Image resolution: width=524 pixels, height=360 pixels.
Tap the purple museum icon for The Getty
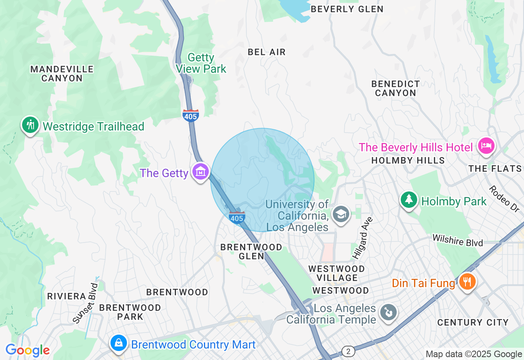[x=201, y=172]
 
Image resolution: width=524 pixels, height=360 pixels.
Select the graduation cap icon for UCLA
[x=340, y=214]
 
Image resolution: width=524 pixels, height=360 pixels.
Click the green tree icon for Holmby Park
[x=409, y=200]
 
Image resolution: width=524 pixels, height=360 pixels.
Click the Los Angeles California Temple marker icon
[x=387, y=313]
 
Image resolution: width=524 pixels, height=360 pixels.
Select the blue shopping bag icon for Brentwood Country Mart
[x=119, y=342]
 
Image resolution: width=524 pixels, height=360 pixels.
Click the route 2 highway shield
[x=348, y=351]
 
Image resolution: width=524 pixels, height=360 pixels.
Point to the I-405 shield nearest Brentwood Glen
[x=237, y=218]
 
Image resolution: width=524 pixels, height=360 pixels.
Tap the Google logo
[x=27, y=350]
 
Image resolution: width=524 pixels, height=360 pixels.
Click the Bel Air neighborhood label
[x=267, y=52]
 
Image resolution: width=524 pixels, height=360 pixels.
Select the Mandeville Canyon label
[x=62, y=74]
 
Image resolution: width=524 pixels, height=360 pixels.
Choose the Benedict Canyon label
[x=395, y=88]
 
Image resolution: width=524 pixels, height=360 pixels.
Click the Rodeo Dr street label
[x=504, y=199]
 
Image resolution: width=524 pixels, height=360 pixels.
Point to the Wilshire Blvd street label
[x=458, y=240]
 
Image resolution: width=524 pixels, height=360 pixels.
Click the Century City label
[x=473, y=322]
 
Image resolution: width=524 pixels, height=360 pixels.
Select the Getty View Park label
[x=201, y=63]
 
